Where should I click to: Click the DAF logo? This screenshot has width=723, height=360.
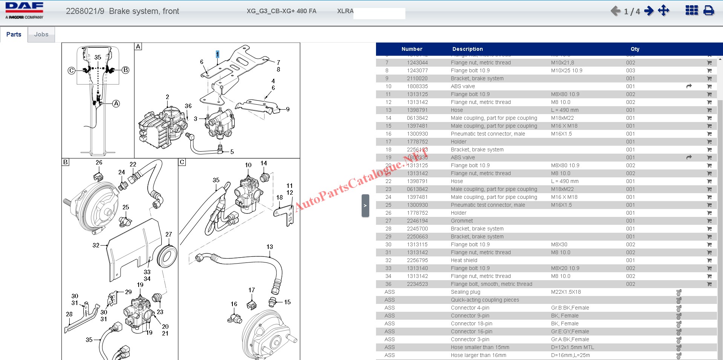pos(24,11)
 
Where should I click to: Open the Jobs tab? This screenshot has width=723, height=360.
pos(41,35)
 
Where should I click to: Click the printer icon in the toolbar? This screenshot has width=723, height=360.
pos(709,11)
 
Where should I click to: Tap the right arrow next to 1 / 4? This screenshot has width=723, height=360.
pos(649,11)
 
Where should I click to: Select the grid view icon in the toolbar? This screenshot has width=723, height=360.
pos(691,11)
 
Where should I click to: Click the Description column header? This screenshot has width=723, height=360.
pos(467,49)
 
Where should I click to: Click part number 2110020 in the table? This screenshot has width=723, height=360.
pos(417,78)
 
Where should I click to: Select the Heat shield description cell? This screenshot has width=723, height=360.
pos(464,260)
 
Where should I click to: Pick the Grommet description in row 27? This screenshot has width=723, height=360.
pos(462,221)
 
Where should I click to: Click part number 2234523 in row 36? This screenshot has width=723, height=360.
pos(417,284)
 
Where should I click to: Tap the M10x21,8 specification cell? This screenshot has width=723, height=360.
pos(563,63)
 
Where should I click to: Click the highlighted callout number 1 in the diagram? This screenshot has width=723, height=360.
pos(217,54)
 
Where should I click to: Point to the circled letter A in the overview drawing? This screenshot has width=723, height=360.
pos(116,104)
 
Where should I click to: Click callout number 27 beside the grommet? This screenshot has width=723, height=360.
pos(168,234)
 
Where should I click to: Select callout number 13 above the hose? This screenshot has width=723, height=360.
pos(269,247)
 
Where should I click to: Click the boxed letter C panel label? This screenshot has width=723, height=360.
pos(182,162)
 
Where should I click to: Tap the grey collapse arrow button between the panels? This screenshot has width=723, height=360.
pos(365,206)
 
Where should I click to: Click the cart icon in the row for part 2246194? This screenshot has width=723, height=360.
pos(709,221)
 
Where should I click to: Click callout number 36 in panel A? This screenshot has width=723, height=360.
pos(188,106)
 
